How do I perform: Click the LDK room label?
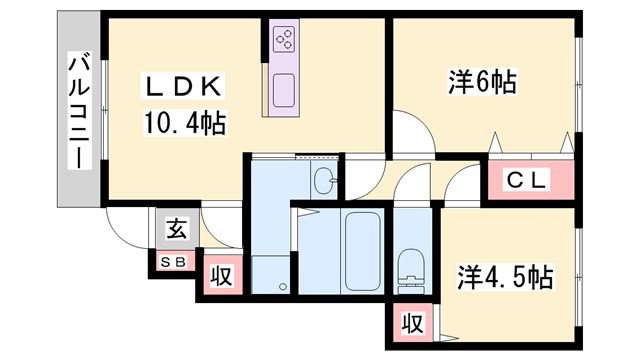click(186, 87)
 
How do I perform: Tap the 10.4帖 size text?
click(183, 125)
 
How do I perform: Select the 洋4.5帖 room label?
click(506, 276)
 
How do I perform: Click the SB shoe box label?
click(172, 262)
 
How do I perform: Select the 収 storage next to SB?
click(221, 275)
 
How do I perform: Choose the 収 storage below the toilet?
click(411, 324)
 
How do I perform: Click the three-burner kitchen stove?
click(284, 38)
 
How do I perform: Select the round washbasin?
click(325, 180)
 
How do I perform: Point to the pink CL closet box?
click(532, 181)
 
